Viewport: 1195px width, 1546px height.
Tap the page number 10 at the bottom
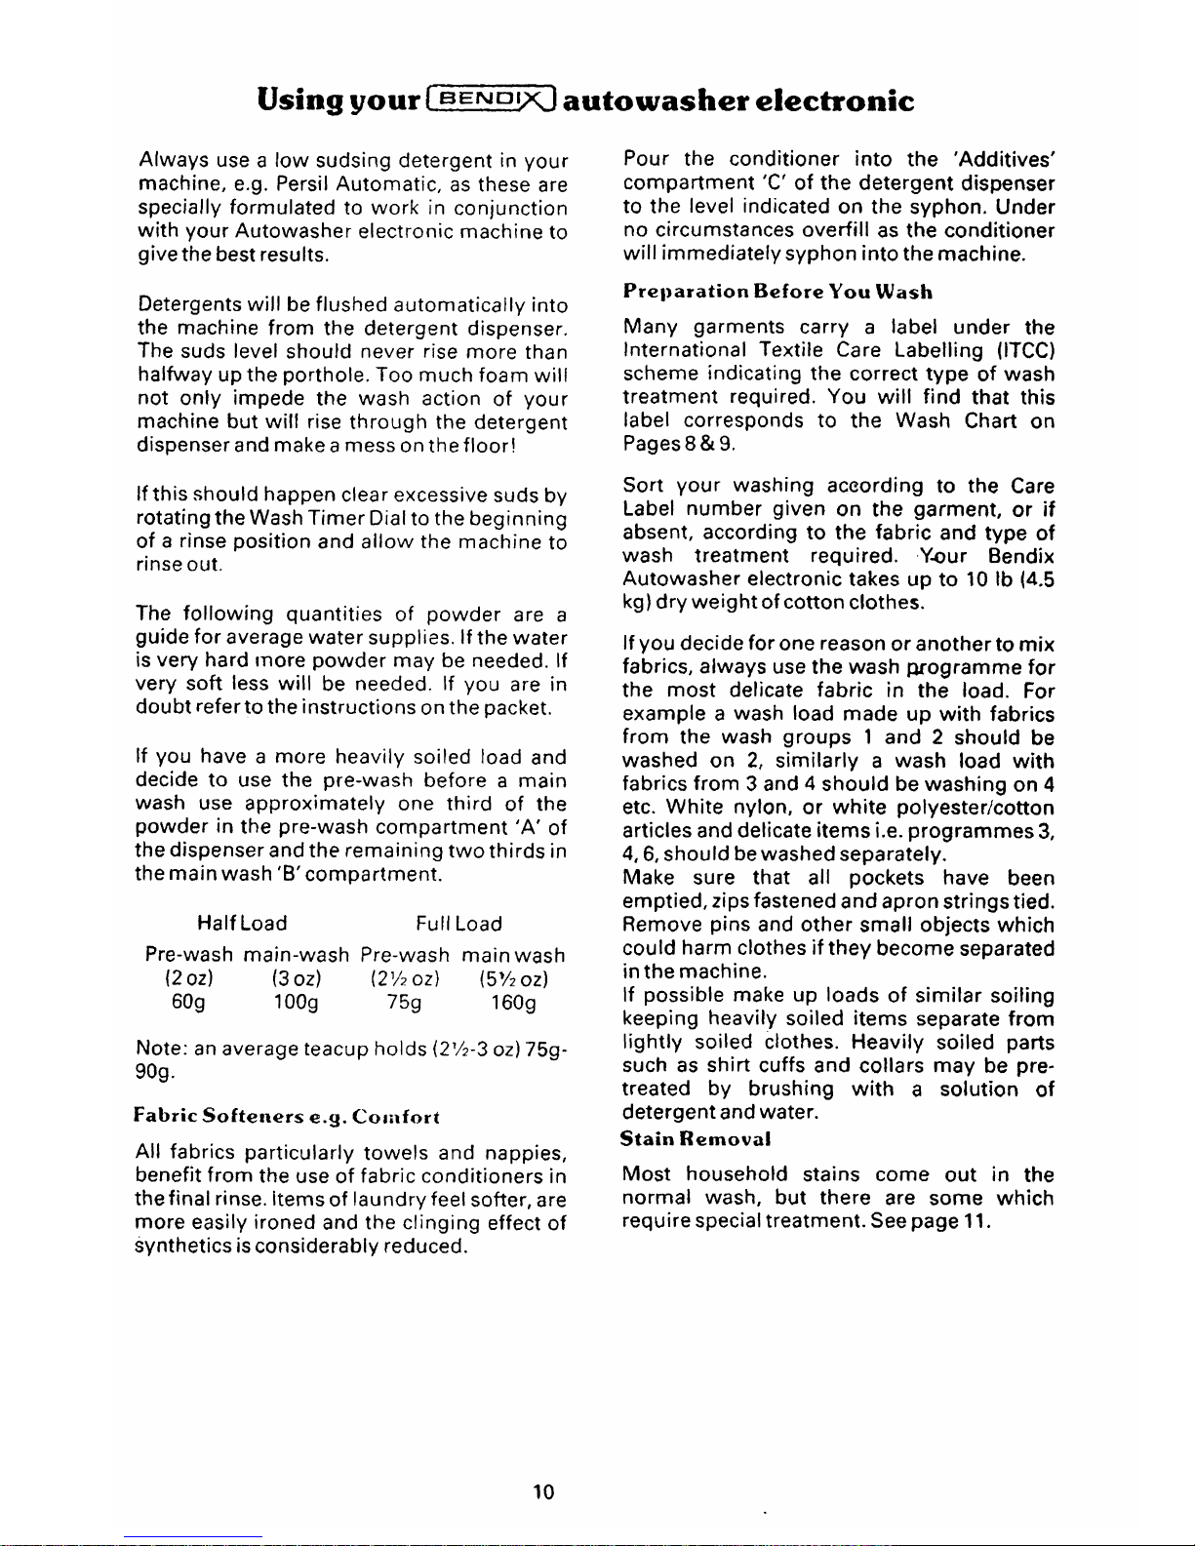click(544, 1490)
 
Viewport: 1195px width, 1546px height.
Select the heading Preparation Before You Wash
click(777, 292)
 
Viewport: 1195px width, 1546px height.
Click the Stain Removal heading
click(696, 1138)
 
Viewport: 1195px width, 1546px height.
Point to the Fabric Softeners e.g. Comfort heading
click(288, 1116)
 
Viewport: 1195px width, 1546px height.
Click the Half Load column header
click(242, 924)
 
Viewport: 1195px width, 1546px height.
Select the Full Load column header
click(458, 924)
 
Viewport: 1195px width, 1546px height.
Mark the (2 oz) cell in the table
click(184, 978)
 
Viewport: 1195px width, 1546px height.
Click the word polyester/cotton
click(976, 808)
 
